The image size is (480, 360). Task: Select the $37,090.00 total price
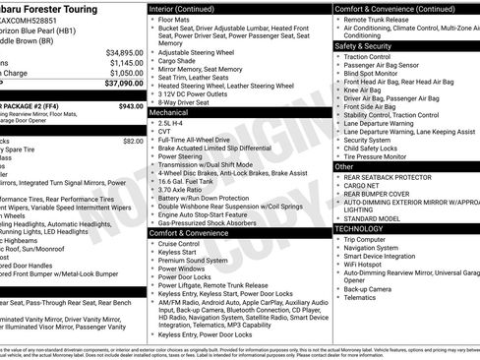point(122,84)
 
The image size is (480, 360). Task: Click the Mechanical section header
point(168,113)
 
